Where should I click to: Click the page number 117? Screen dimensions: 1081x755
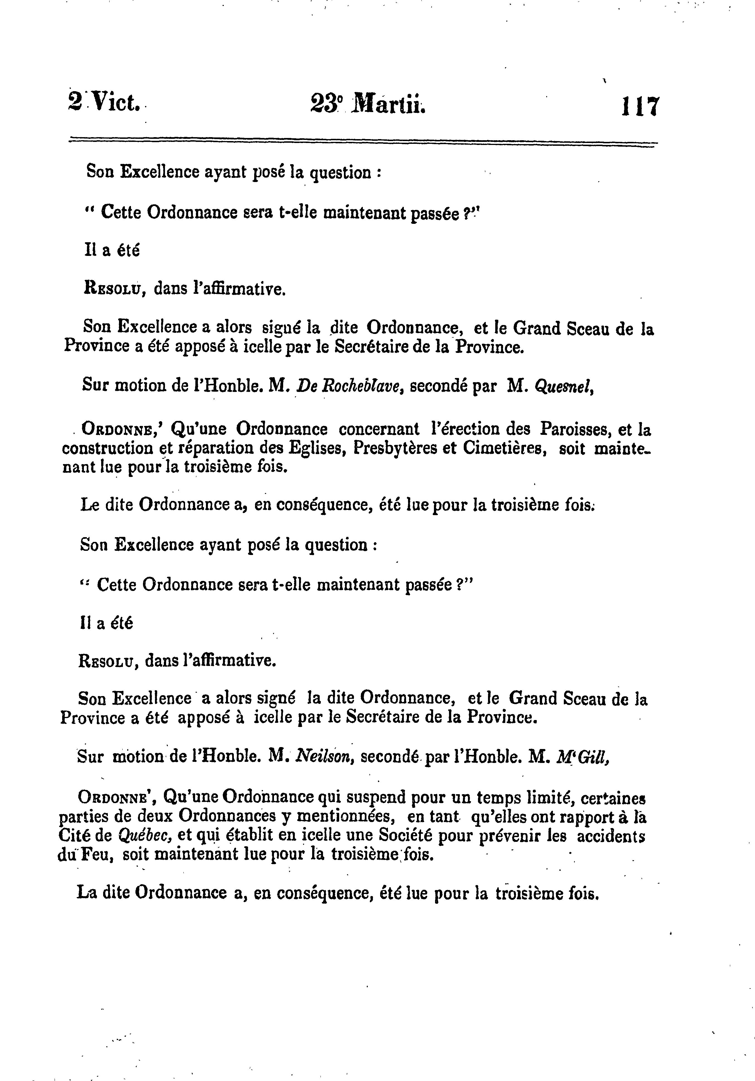coord(641,107)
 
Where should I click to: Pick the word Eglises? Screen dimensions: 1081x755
coord(318,449)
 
